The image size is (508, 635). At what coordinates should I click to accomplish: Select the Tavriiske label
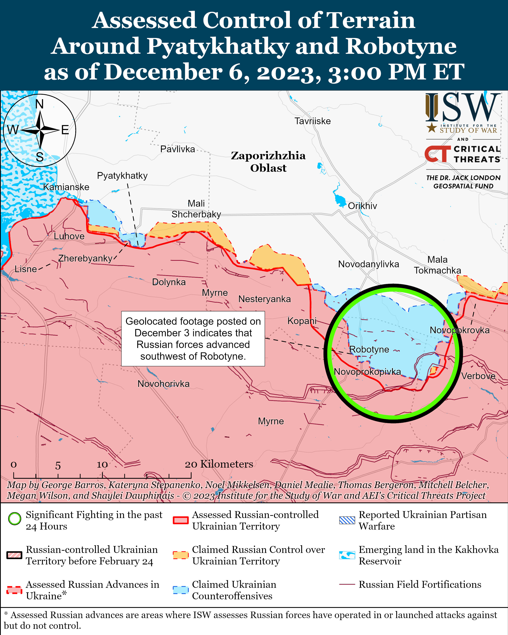[x=313, y=121]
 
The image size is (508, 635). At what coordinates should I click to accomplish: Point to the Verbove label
[x=478, y=376]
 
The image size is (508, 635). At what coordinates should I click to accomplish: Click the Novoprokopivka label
[x=367, y=372]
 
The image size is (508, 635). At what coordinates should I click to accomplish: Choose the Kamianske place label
[x=66, y=187]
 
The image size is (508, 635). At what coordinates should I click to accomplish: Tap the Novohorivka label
[x=163, y=384]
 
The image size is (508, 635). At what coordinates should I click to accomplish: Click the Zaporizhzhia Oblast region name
[x=268, y=162]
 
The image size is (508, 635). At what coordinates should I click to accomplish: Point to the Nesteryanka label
[x=264, y=299]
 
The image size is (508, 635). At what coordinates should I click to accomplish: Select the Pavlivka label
[x=178, y=149]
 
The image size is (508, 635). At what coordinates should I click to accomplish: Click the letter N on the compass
[x=39, y=104]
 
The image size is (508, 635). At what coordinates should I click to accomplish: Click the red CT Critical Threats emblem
[x=437, y=154]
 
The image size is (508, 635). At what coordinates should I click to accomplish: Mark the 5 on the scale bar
[x=58, y=466]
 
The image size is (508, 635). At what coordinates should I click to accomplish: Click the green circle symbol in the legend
[x=15, y=519]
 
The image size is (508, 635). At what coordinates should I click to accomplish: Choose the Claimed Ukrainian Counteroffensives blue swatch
[x=180, y=590]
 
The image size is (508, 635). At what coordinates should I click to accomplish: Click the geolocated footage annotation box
[x=193, y=339]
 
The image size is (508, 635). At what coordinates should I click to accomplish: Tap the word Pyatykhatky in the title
[x=218, y=46]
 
